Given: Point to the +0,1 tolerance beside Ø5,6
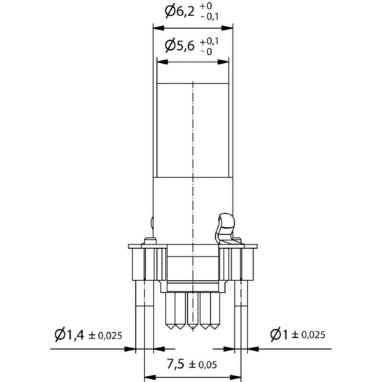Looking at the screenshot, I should pyautogui.click(x=209, y=42).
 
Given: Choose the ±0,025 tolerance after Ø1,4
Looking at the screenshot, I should pyautogui.click(x=106, y=336).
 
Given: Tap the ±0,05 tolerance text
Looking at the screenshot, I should pyautogui.click(x=202, y=365).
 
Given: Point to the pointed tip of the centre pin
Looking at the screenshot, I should pyautogui.click(x=192, y=329).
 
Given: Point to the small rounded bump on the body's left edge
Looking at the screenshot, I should pyautogui.click(x=152, y=223).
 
